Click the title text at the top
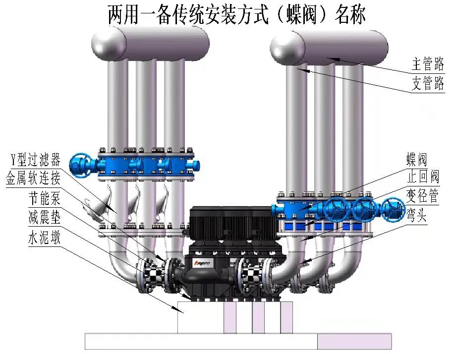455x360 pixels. click(236, 15)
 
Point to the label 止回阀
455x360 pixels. click(423, 177)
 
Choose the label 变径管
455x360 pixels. click(423, 196)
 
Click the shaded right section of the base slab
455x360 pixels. click(354, 341)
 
